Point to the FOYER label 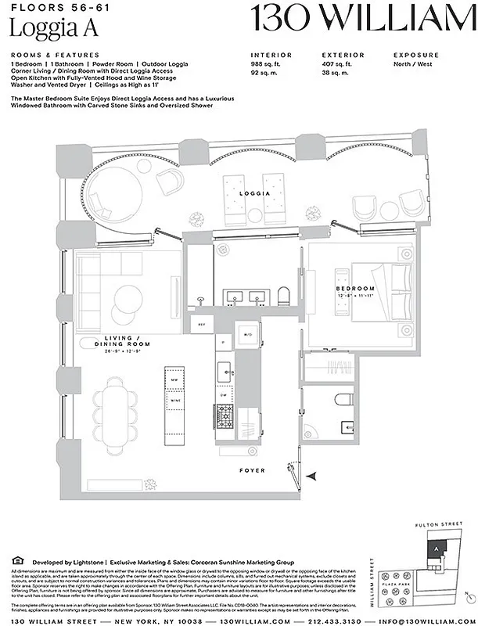click(252, 470)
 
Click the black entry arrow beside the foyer click(314, 474)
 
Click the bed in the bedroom click(382, 298)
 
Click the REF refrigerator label click(201, 323)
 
